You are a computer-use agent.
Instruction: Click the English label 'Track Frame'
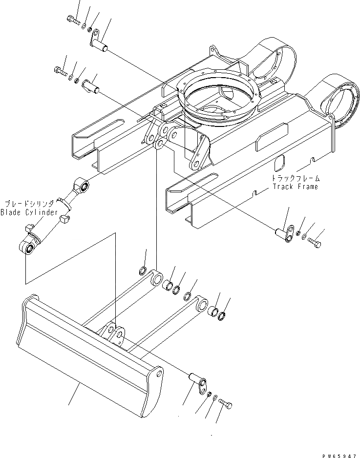pyautogui.click(x=295, y=187)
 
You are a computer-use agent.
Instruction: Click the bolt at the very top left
pyautogui.click(x=72, y=20)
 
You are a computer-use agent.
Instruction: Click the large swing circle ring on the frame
pyautogui.click(x=219, y=96)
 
